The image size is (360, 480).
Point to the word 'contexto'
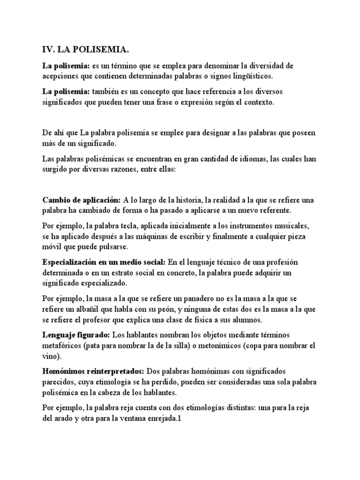[x=257, y=101]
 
